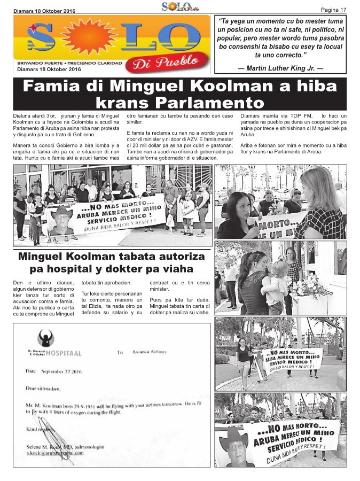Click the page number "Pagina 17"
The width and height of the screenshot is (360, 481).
333,10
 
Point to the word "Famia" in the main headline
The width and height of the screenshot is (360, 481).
52,86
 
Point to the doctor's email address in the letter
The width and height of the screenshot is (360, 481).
56,452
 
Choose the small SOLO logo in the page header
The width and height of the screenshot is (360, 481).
177,6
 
